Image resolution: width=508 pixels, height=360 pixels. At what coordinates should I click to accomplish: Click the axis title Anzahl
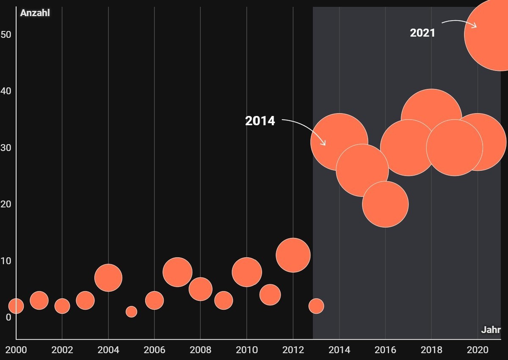click(35, 13)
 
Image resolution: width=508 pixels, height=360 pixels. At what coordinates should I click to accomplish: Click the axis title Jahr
click(491, 330)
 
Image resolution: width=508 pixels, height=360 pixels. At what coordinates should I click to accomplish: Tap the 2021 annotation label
click(422, 33)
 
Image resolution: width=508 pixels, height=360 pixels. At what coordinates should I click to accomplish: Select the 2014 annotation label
click(260, 121)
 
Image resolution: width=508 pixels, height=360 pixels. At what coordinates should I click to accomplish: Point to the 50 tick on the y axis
click(6, 35)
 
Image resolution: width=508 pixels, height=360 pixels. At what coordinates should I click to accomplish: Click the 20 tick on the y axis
click(6, 204)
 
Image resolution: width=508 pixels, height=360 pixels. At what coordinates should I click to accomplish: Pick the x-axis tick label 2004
click(108, 350)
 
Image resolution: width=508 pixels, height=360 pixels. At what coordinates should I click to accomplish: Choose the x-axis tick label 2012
click(293, 350)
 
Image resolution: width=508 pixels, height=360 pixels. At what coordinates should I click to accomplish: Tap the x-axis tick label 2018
click(431, 350)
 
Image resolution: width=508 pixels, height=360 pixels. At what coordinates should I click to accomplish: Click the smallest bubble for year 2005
click(131, 312)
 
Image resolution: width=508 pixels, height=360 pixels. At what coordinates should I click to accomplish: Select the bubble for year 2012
click(293, 255)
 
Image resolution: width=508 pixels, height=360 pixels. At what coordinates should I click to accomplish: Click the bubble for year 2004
click(108, 278)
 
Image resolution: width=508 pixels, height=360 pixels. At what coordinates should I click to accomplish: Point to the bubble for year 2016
click(385, 204)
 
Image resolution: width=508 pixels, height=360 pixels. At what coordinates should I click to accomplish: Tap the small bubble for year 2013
click(316, 306)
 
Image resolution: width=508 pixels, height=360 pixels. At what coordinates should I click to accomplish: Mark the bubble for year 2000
click(16, 306)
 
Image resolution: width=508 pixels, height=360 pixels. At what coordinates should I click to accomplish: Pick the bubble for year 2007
click(177, 272)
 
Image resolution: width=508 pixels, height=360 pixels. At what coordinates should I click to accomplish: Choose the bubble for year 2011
click(270, 295)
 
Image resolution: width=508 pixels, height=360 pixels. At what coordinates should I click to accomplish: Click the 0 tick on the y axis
click(8, 317)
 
